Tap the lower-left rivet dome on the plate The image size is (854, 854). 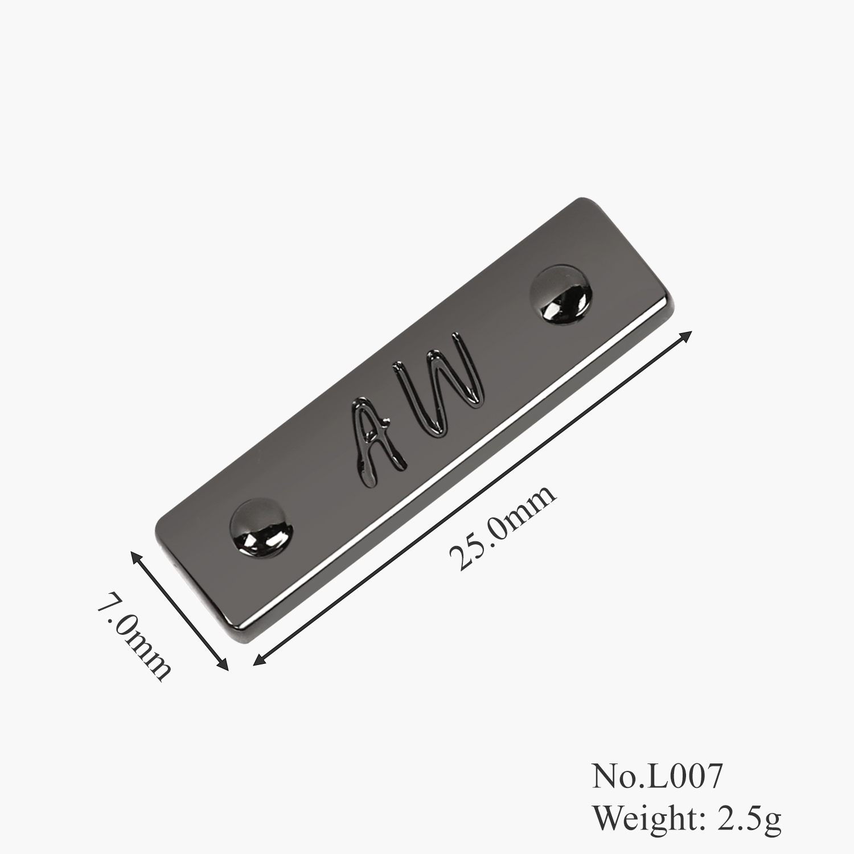coord(262,526)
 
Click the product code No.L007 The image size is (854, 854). coord(658,777)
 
